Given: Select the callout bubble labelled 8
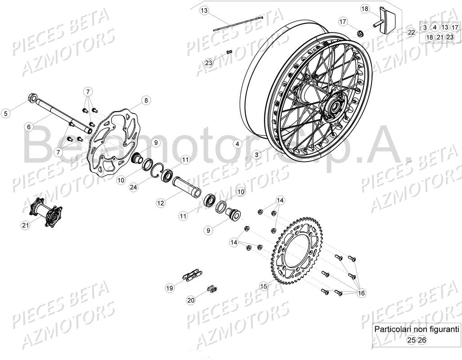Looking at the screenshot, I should (x=146, y=100).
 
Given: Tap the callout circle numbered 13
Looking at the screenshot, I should (x=205, y=10).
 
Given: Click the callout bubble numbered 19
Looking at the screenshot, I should (x=170, y=288).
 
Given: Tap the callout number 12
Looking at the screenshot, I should (x=161, y=203).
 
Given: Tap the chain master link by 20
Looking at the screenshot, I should (x=211, y=289).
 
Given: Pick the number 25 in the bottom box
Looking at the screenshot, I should (x=411, y=340).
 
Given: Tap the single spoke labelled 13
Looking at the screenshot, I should (x=238, y=22).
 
